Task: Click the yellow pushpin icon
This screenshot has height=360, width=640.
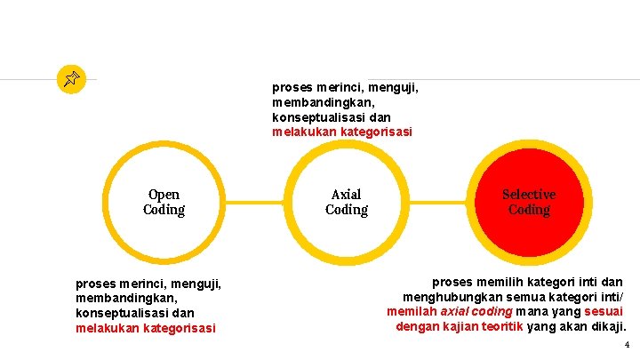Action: (70, 80)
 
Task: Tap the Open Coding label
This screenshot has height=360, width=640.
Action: (164, 202)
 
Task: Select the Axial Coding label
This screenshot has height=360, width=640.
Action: (346, 202)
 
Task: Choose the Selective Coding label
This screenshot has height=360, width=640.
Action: (529, 202)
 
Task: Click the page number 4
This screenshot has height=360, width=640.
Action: (627, 345)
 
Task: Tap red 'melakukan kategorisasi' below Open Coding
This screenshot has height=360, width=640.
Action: (146, 328)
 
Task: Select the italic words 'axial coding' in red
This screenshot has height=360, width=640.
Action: (476, 312)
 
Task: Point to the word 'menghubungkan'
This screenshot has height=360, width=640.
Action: (446, 297)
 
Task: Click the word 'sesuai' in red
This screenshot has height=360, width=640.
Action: (604, 312)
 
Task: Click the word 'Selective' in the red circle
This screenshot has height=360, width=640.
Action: (529, 194)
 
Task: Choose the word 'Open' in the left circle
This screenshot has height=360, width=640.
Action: (164, 194)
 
